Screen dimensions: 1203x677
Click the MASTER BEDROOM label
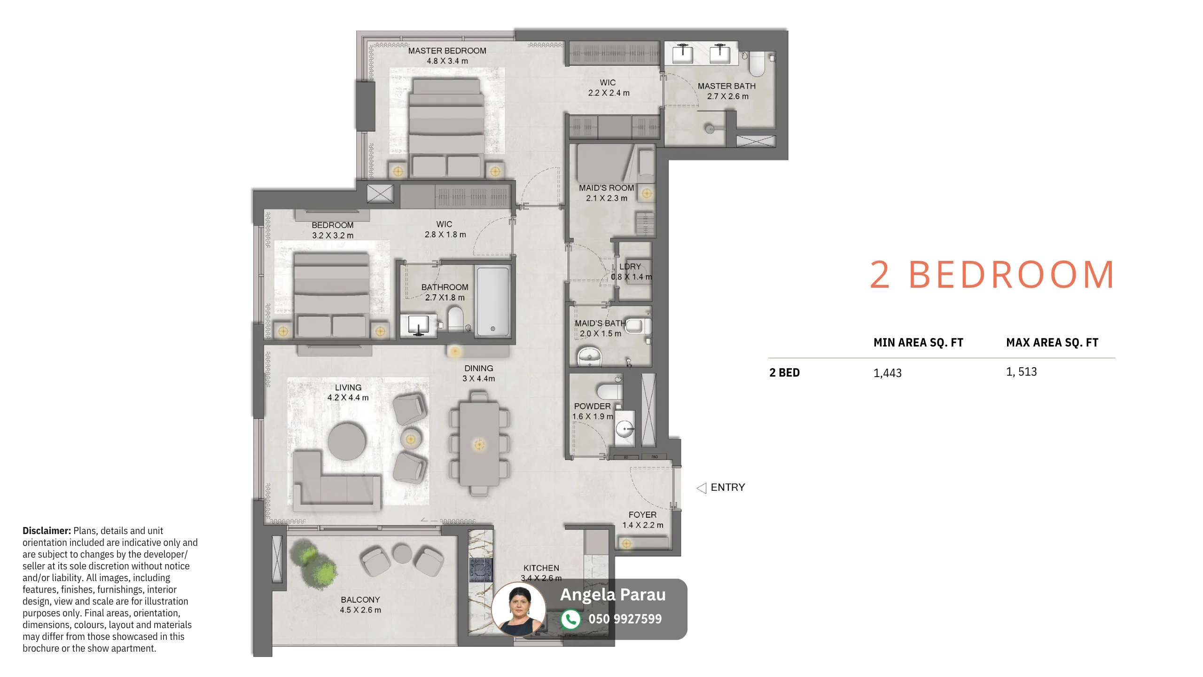tap(447, 51)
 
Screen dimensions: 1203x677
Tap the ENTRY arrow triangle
tap(702, 488)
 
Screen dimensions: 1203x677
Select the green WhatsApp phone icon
tap(570, 619)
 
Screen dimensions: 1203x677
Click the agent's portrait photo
tap(519, 609)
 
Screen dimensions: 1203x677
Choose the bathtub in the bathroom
tap(492, 302)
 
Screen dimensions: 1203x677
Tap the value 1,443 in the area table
tap(887, 373)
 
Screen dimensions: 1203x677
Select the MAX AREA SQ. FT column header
tap(1052, 343)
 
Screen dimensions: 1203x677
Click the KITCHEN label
tap(541, 568)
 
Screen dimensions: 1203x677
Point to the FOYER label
tap(642, 515)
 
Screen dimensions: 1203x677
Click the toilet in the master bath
tap(757, 64)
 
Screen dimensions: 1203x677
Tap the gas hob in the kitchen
tap(481, 570)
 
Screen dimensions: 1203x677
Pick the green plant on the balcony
tap(313, 563)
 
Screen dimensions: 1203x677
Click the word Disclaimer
tap(47, 531)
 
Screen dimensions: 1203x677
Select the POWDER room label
tap(592, 406)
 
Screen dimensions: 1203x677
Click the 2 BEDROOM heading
tap(992, 275)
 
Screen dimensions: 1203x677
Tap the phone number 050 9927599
tap(625, 619)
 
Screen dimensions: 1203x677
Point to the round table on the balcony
tap(402, 553)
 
